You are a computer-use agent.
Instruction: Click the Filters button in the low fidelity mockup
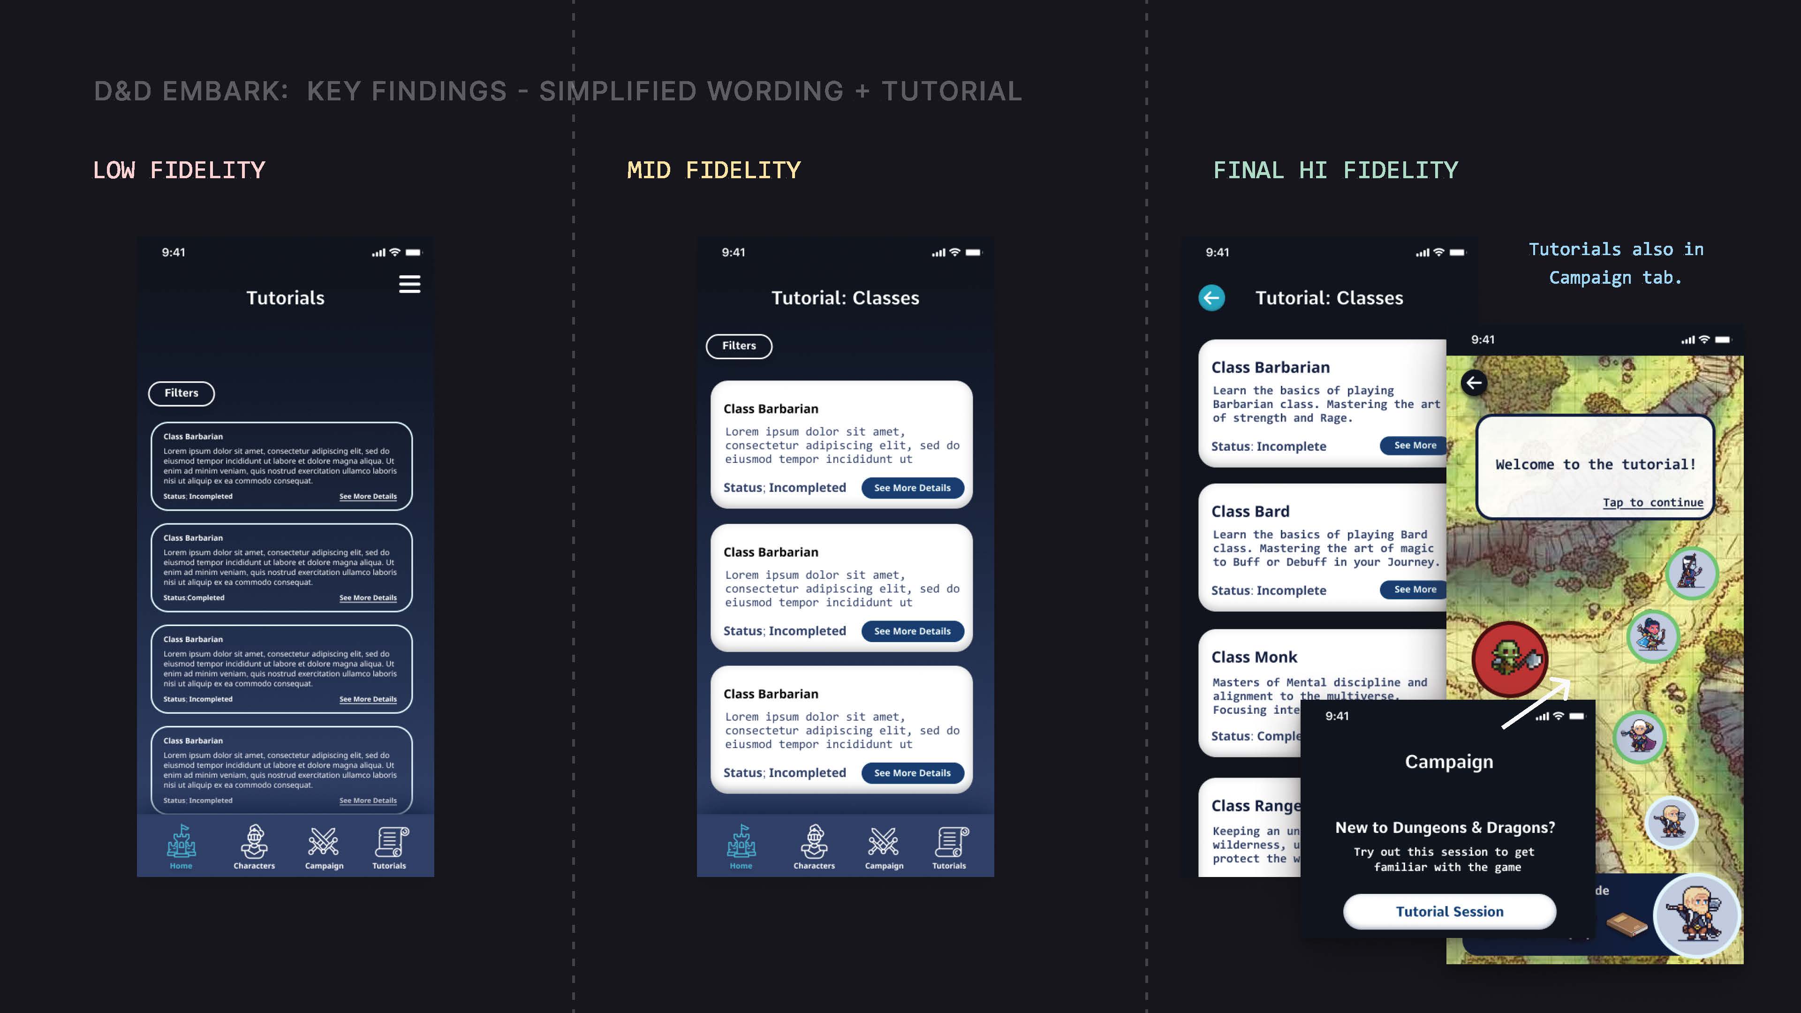click(181, 393)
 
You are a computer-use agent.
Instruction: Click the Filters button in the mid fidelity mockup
click(739, 346)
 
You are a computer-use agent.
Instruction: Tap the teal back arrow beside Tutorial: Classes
click(1211, 298)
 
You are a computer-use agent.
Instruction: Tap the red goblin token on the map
click(1510, 658)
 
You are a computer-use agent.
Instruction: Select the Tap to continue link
click(1653, 503)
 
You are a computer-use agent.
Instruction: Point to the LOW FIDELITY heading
click(179, 170)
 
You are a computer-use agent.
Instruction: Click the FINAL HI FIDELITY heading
click(1335, 170)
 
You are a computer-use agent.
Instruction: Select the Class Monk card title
click(1254, 657)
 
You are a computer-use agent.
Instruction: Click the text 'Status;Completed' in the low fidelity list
click(194, 598)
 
